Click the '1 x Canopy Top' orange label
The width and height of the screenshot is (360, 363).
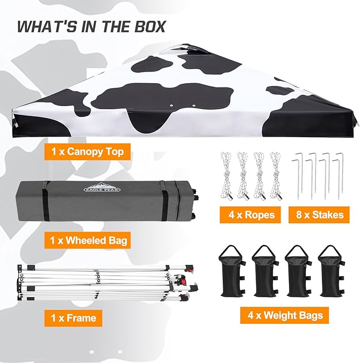pyautogui.click(x=87, y=152)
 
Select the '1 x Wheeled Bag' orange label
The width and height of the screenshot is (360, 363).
pyautogui.click(x=87, y=240)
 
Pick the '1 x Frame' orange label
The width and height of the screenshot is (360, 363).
pyautogui.click(x=74, y=318)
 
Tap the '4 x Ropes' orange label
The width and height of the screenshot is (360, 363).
pyautogui.click(x=250, y=215)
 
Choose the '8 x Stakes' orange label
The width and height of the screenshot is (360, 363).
pyautogui.click(x=319, y=215)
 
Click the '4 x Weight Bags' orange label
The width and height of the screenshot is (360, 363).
pyautogui.click(x=285, y=315)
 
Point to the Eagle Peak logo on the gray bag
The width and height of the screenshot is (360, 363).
pyautogui.click(x=102, y=188)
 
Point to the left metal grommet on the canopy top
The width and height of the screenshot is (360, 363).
pyautogui.click(x=172, y=105)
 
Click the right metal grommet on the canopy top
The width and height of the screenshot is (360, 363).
pyautogui.click(x=194, y=105)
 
